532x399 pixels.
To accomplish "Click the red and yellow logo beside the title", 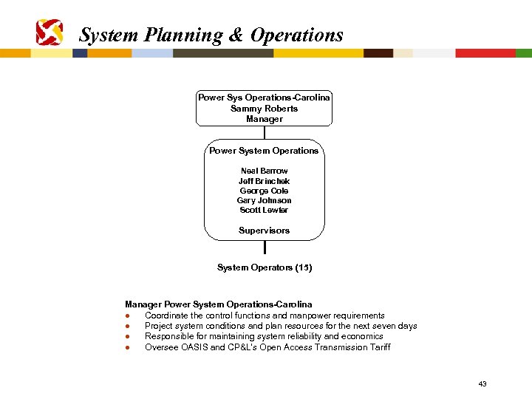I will coord(50,33).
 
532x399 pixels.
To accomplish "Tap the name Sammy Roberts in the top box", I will coord(264,109).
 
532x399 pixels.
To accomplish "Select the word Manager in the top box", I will coord(264,119).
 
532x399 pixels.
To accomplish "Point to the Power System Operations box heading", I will coord(264,151).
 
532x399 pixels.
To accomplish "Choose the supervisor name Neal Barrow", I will coord(264,171).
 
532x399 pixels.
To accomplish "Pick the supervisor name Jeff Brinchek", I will coord(264,181).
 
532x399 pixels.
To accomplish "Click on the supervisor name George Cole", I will coord(264,191).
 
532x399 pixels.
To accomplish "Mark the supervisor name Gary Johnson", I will coord(264,200).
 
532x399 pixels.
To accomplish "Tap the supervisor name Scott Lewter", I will coord(264,210).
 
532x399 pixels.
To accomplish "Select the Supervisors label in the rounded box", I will coord(264,231).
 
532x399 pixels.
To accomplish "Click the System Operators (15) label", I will coord(264,267).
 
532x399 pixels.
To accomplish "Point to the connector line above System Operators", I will coord(264,248).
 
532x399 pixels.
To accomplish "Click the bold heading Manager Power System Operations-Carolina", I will coord(218,304).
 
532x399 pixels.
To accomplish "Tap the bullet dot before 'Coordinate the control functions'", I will coord(128,316).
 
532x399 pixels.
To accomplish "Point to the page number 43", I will coord(482,383).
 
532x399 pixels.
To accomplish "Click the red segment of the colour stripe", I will coord(485,53).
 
